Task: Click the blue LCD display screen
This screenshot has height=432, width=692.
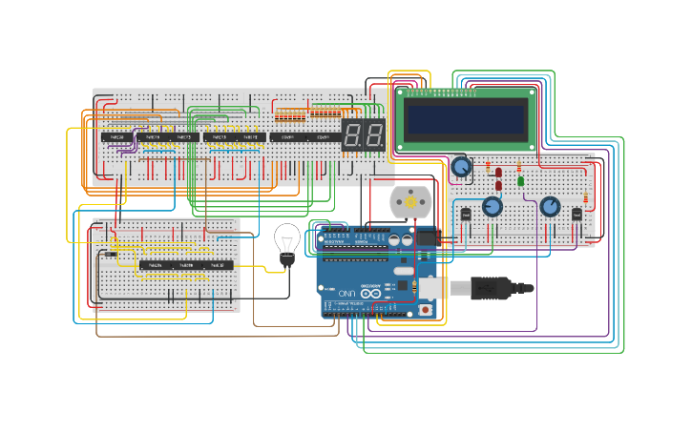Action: click(x=465, y=120)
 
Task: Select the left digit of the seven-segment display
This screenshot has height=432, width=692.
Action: click(x=352, y=135)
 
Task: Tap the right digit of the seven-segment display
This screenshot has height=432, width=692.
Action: click(x=374, y=135)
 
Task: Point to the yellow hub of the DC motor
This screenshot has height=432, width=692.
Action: click(x=411, y=201)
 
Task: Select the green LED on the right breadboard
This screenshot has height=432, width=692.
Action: click(x=520, y=180)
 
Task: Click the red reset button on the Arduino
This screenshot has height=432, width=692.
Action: click(x=425, y=310)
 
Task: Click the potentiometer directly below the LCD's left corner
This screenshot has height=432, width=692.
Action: click(x=461, y=167)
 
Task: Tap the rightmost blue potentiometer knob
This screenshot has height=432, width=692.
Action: click(x=550, y=206)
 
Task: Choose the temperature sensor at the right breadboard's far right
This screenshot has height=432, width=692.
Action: click(x=577, y=215)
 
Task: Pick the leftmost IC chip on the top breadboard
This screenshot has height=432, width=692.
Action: click(x=117, y=137)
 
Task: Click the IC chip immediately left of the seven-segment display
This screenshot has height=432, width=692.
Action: click(x=323, y=137)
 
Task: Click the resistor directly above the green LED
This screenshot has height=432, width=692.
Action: click(x=520, y=165)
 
